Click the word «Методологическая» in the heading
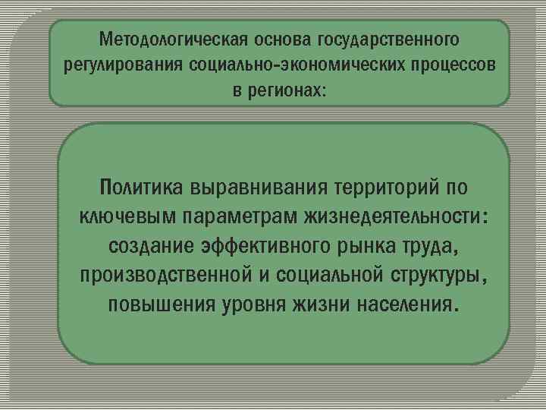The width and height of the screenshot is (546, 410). pos(155,38)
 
